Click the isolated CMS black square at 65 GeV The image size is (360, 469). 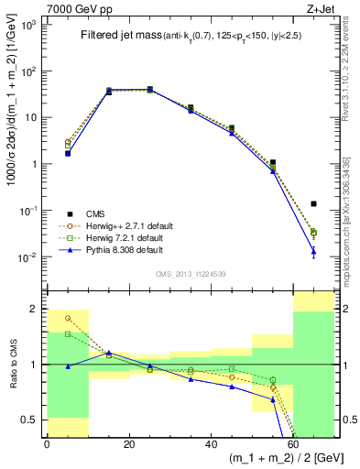313,203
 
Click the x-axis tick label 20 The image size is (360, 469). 128,444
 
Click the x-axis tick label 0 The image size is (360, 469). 47,444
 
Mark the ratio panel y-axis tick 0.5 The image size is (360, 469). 32,420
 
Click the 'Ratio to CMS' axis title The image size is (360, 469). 12,365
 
